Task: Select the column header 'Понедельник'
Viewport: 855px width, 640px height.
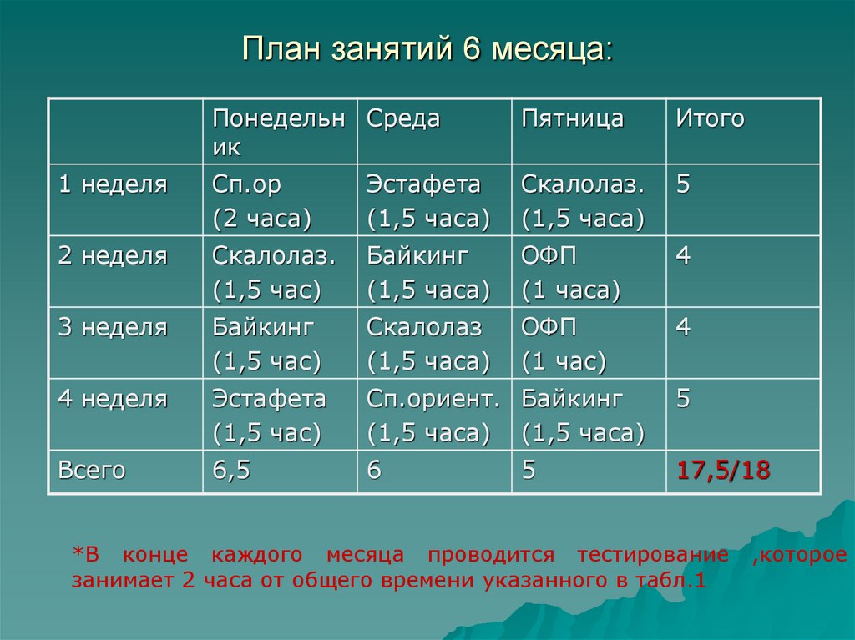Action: pyautogui.click(x=277, y=133)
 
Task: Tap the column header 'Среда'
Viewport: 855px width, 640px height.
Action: pyautogui.click(x=403, y=119)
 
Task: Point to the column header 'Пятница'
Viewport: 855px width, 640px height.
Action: pyautogui.click(x=573, y=119)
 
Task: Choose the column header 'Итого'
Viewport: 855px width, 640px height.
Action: pyautogui.click(x=710, y=119)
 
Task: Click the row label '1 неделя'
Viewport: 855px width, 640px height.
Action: pyautogui.click(x=113, y=184)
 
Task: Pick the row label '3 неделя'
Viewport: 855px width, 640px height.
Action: pyautogui.click(x=113, y=328)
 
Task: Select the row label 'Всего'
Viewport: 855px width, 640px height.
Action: pyautogui.click(x=92, y=471)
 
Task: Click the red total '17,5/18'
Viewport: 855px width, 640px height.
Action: pyautogui.click(x=723, y=471)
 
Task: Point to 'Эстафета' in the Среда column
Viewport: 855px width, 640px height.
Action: pyautogui.click(x=423, y=184)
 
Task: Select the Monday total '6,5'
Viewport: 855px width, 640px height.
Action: pyautogui.click(x=231, y=471)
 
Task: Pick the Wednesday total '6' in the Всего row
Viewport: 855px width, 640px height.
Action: pyautogui.click(x=374, y=471)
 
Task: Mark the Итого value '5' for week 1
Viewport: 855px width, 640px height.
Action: pyautogui.click(x=683, y=184)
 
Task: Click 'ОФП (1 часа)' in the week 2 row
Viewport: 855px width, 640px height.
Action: pyautogui.click(x=571, y=273)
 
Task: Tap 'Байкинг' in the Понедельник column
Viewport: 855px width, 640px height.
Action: pyautogui.click(x=263, y=328)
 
